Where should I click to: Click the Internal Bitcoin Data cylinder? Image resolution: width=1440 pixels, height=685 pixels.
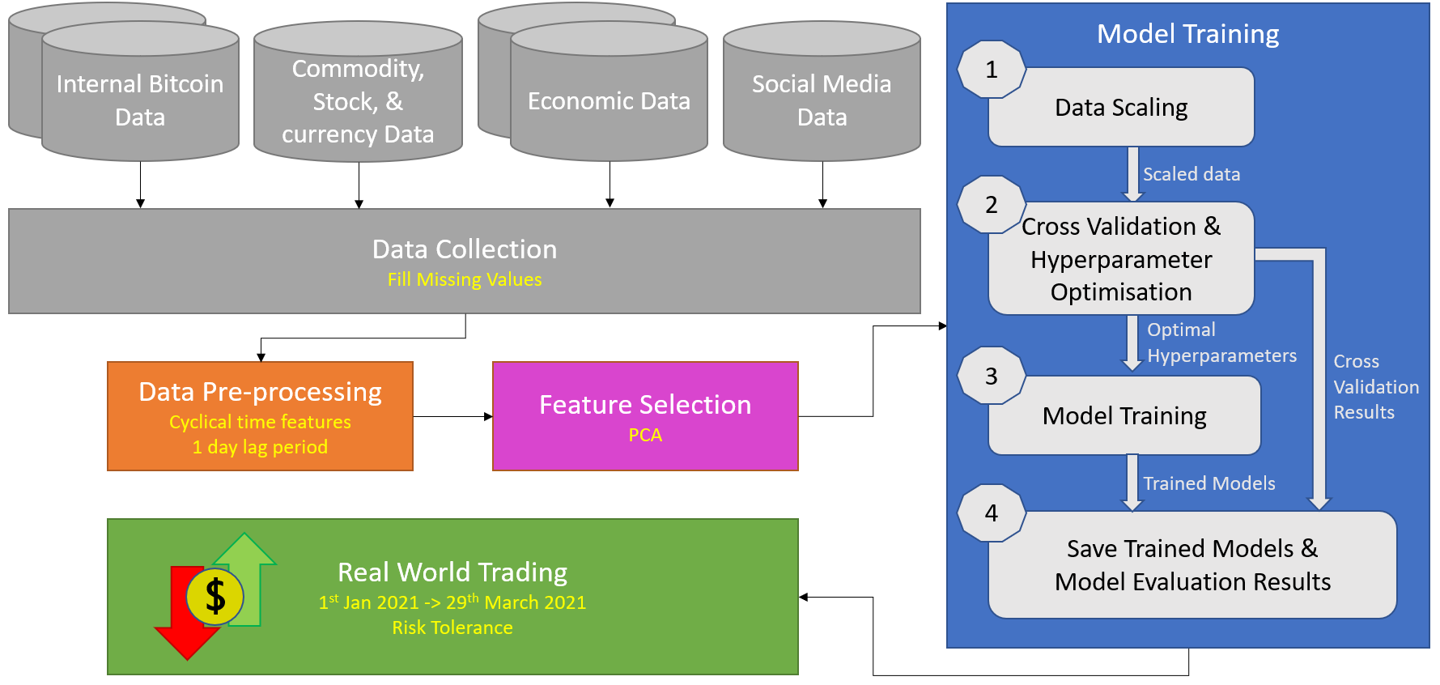coord(140,91)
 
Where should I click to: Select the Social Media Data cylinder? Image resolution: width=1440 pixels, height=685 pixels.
coord(822,91)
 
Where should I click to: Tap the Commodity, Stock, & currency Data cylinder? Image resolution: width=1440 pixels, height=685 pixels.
coord(358,91)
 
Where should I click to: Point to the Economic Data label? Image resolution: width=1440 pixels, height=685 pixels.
coord(609,101)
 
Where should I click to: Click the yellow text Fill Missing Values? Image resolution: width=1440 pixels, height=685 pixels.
coord(465,279)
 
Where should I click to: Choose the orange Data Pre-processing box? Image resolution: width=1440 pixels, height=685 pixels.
coord(261,416)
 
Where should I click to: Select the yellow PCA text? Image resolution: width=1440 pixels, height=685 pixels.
coord(645,436)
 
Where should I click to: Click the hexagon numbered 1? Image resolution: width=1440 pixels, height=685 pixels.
coord(992,70)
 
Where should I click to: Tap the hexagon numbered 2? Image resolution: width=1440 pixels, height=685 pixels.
coord(992,205)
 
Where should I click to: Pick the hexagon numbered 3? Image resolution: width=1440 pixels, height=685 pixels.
coord(992,376)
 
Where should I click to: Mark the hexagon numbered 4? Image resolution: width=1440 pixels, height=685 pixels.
coord(992,513)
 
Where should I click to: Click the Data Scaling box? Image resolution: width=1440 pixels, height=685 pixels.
coord(1122,107)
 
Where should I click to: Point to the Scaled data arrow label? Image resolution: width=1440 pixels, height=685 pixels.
coord(1192,174)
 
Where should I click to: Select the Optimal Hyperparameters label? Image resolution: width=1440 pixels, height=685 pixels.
coord(1221,342)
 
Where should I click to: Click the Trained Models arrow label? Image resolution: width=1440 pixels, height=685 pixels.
coord(1209,483)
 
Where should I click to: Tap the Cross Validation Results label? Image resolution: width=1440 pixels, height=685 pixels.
coord(1376,387)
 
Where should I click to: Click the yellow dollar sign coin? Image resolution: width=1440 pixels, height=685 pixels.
coord(215,597)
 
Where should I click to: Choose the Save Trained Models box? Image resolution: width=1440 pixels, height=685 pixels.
coord(1192,565)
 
